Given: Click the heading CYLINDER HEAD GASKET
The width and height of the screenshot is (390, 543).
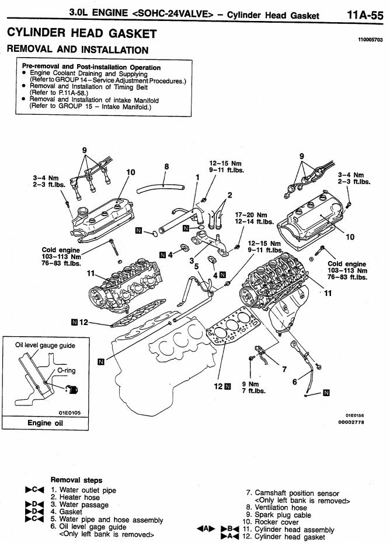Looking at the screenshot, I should [82, 34].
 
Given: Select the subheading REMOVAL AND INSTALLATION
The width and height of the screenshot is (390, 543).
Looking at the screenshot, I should [78, 50].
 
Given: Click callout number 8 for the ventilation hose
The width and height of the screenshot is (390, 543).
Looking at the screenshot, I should [167, 167].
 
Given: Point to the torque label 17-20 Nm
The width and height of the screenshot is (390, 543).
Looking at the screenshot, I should [254, 214].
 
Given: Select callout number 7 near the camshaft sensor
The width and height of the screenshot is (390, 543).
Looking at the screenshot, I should [284, 368].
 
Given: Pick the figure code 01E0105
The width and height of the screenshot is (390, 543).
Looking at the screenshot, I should [69, 411].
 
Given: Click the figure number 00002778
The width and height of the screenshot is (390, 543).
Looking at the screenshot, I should [351, 422].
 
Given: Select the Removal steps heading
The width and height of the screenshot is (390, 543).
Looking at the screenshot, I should [76, 480].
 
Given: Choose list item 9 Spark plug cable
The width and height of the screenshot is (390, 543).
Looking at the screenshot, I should [284, 515].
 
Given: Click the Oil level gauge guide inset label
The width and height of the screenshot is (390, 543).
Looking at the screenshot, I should [45, 345].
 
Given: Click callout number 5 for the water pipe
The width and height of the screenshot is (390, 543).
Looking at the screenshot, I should [197, 266].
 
